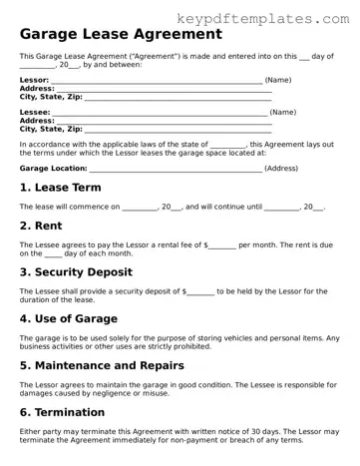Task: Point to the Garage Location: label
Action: [53, 169]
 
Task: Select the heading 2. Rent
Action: [42, 225]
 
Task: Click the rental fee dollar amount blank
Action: [222, 245]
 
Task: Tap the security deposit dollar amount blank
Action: [200, 291]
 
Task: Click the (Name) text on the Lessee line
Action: [283, 113]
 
